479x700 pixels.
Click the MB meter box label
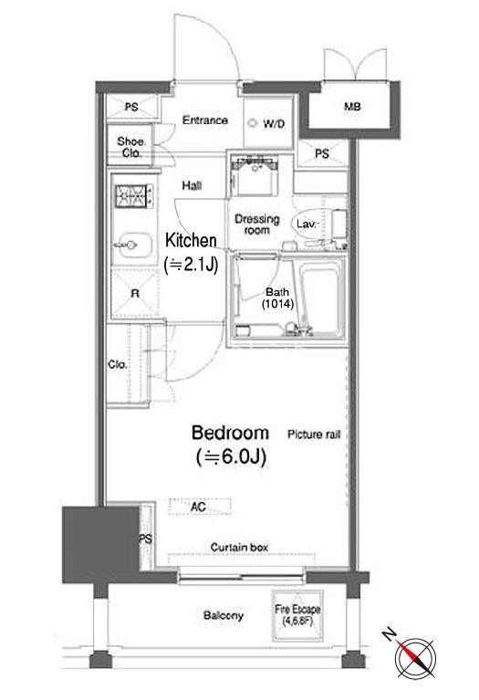(x=352, y=107)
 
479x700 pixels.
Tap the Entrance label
(x=205, y=120)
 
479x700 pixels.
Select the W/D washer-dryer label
(x=274, y=123)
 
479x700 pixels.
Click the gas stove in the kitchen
(x=134, y=196)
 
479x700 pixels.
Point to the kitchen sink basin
(x=132, y=245)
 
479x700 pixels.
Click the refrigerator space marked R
(x=134, y=293)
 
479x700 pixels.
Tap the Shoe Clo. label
(x=130, y=147)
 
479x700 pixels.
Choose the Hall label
(x=192, y=185)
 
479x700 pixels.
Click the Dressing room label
(x=257, y=225)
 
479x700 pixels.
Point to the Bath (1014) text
(x=277, y=298)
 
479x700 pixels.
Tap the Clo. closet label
(x=118, y=365)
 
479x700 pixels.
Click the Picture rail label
(x=314, y=434)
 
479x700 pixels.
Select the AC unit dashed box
(x=200, y=507)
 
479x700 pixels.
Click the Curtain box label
(x=239, y=548)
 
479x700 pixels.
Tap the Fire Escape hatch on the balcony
(x=297, y=616)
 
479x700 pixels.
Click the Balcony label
(x=224, y=616)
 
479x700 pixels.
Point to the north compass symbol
(x=414, y=657)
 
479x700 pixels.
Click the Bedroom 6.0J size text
(x=231, y=457)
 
